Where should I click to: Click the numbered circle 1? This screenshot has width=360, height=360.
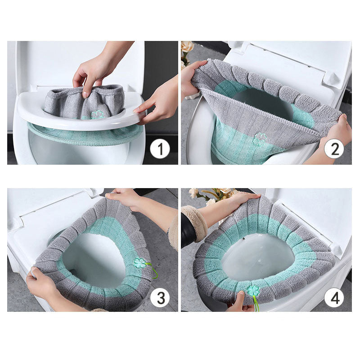point(160,149)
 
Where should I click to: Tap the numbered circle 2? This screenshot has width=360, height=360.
point(333,149)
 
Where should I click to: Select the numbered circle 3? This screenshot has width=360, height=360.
point(160,297)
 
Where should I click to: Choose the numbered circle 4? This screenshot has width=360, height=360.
point(333,297)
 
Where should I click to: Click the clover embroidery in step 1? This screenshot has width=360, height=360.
point(97,115)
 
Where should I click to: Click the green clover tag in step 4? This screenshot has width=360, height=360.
point(253,290)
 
